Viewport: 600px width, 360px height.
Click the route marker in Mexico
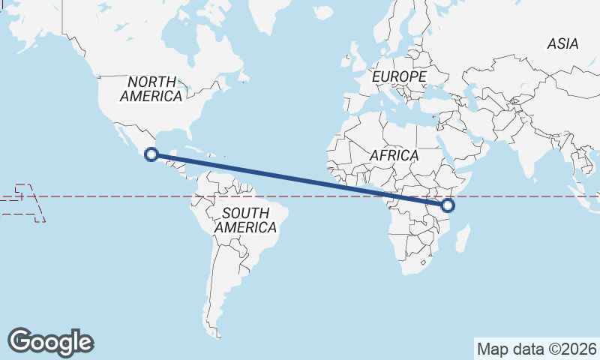(151, 155)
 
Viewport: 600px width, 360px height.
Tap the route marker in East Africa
(448, 205)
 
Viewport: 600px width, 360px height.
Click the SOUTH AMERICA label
(245, 220)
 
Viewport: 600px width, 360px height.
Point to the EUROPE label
(399, 76)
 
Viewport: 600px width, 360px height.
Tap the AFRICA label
(394, 155)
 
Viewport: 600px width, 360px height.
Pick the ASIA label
(562, 43)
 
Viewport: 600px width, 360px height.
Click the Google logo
(50, 341)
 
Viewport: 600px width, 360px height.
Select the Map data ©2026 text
(537, 349)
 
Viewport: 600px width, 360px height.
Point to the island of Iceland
(323, 13)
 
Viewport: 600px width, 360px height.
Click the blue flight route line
(300, 180)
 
